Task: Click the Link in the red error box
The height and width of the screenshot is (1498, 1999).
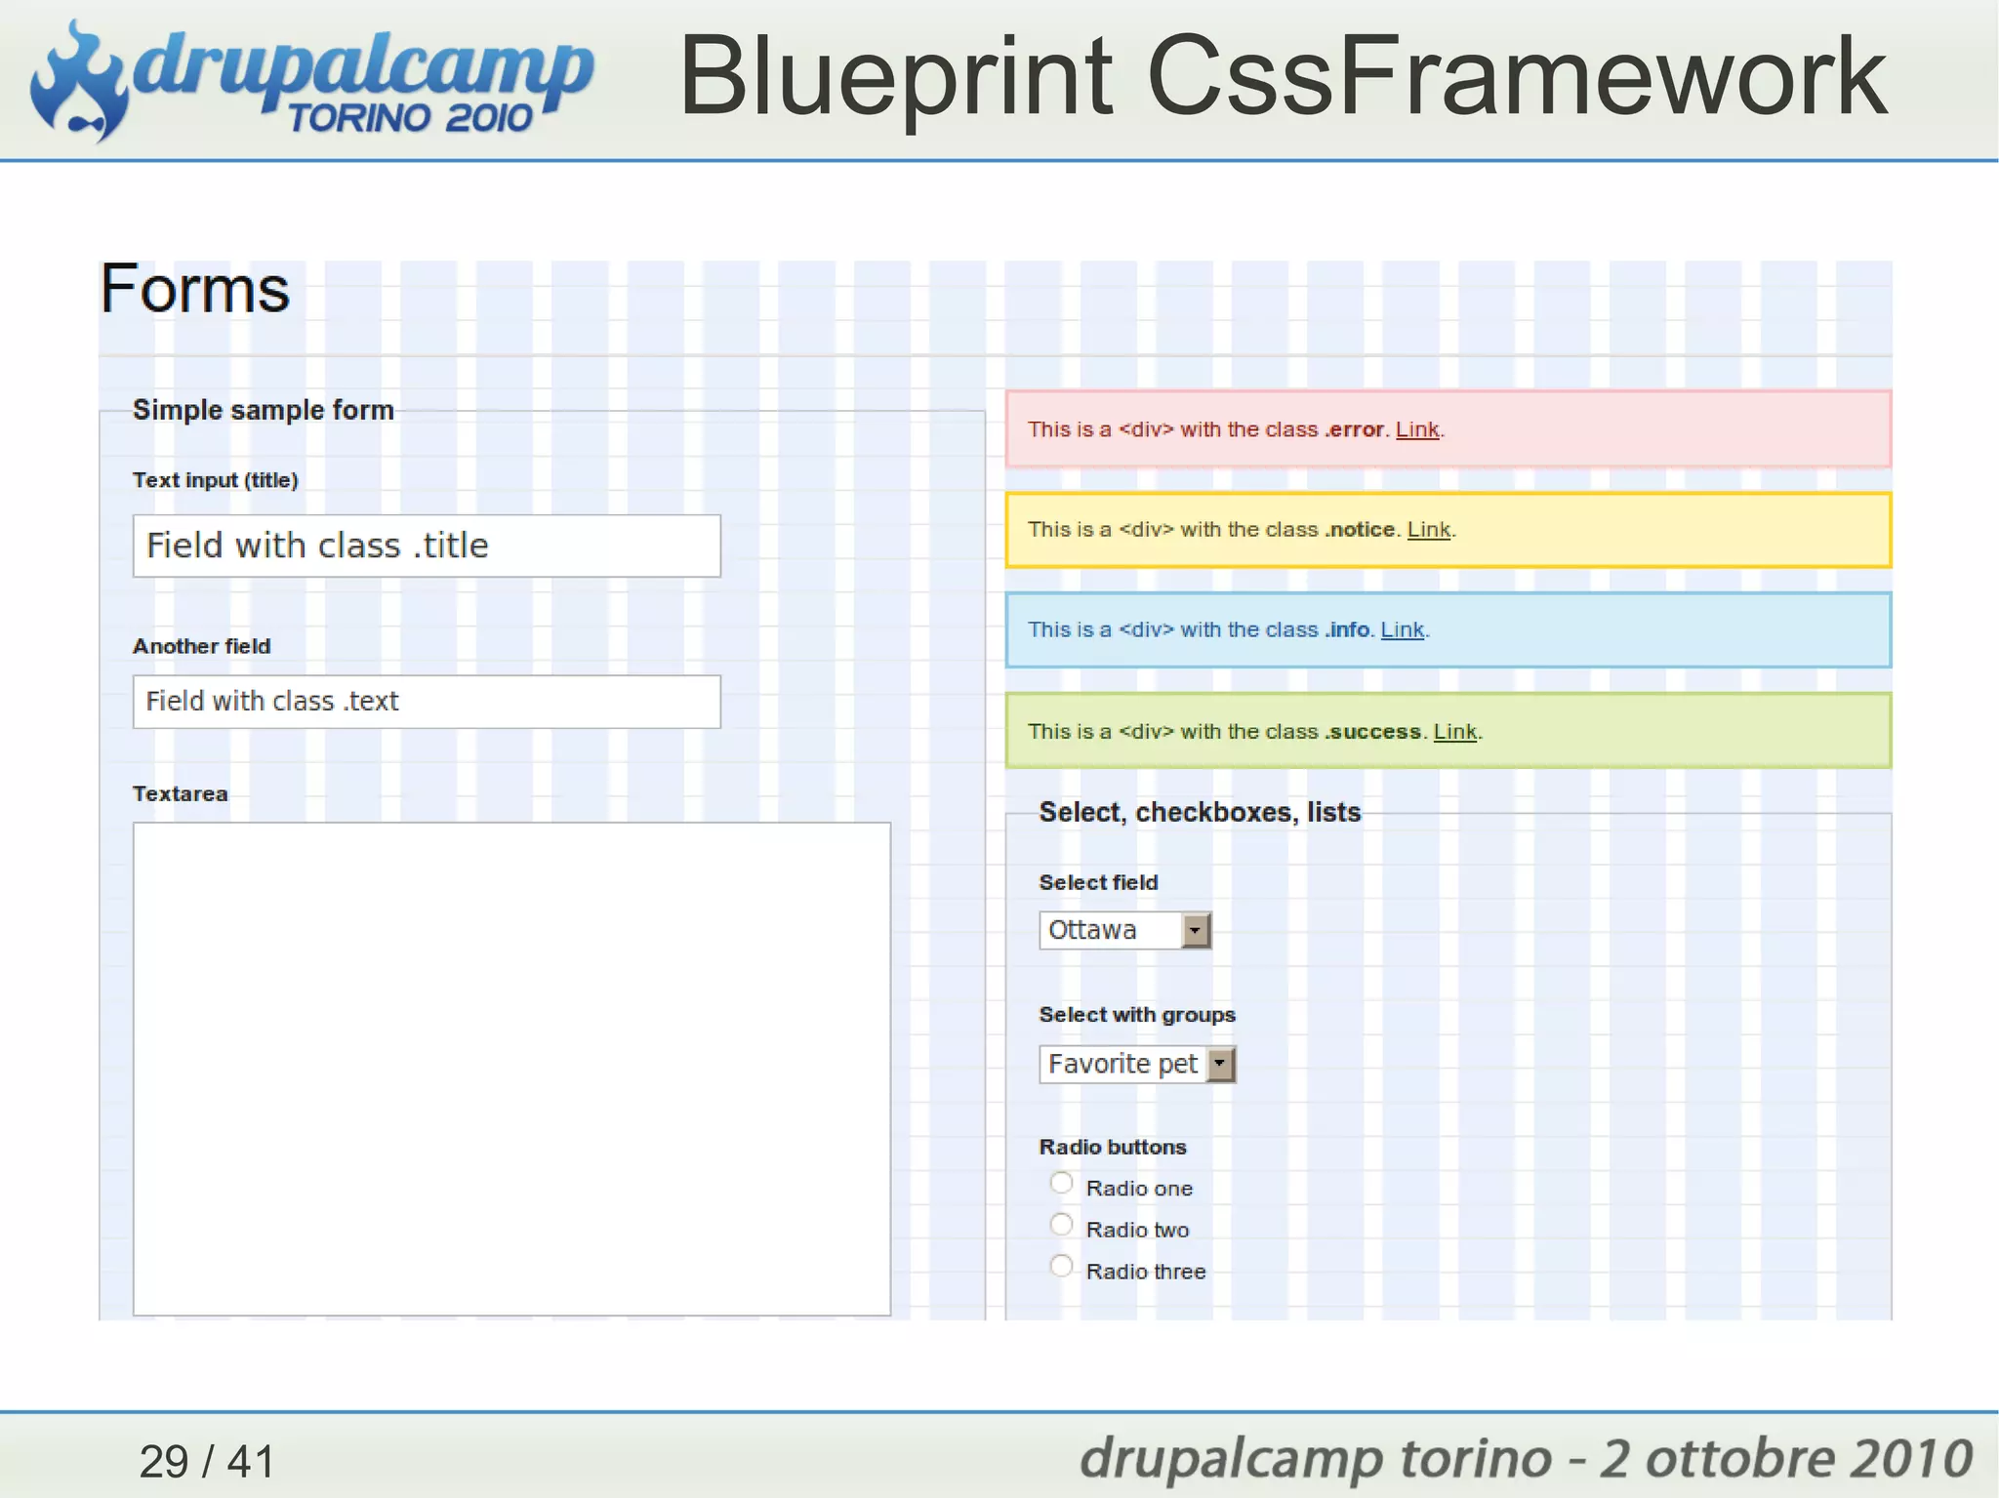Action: [x=1417, y=429]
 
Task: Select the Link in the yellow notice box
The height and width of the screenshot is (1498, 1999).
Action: [x=1429, y=529]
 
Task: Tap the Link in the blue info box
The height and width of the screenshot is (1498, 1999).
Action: [x=1403, y=629]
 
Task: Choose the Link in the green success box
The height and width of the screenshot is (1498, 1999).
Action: [x=1454, y=731]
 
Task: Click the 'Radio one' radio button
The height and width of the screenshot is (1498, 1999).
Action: [x=1061, y=1183]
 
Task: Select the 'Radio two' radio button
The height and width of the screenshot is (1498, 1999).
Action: [x=1061, y=1225]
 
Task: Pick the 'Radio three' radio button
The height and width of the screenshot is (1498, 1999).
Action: [x=1061, y=1267]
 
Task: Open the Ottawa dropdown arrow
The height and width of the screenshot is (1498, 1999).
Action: [x=1196, y=930]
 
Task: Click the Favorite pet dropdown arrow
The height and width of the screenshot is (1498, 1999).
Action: [x=1220, y=1064]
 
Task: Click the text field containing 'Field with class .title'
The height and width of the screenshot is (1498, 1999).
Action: [x=427, y=546]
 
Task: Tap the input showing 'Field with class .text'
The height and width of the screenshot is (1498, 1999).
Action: [x=427, y=702]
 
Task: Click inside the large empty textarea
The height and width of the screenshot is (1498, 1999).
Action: [x=511, y=1069]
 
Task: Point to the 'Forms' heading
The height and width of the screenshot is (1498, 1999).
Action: [x=195, y=289]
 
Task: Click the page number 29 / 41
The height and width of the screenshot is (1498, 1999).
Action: [x=207, y=1461]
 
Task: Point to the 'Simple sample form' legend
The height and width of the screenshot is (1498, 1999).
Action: [x=264, y=410]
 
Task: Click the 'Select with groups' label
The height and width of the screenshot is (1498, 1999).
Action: [x=1137, y=1015]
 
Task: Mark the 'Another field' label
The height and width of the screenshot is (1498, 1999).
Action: [x=202, y=646]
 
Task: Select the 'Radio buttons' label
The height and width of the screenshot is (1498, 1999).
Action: [x=1113, y=1147]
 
